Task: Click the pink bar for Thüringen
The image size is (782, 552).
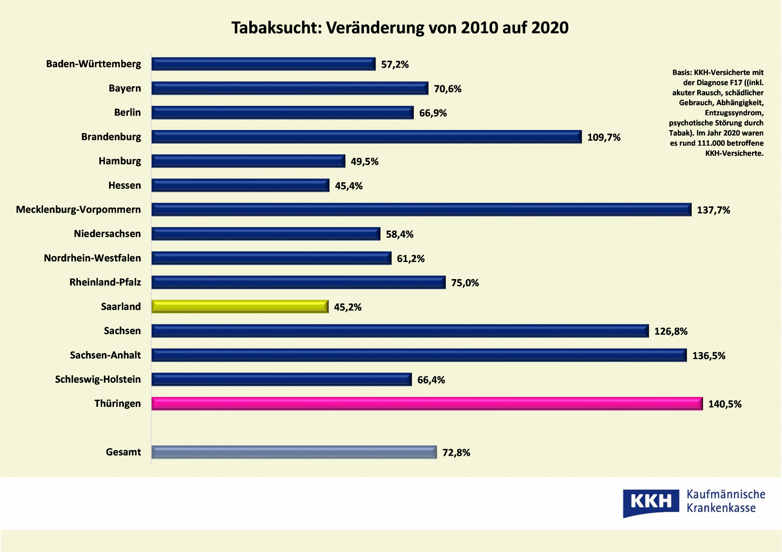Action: coord(427,404)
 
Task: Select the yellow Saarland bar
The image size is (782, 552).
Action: coord(240,306)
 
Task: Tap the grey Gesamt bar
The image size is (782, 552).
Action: coord(294,452)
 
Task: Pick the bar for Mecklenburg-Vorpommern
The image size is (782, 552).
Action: coord(421,209)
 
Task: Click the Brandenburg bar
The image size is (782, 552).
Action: coord(366,137)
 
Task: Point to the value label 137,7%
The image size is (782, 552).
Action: coord(713,210)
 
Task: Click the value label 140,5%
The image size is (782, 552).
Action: coord(725,404)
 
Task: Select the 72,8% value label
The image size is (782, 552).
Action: coord(456,452)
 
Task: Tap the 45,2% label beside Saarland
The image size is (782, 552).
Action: coord(347,307)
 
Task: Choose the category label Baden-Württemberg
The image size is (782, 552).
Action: coord(93,64)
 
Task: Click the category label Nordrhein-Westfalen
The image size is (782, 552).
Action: coord(92,258)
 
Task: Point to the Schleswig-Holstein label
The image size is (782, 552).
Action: coord(98,379)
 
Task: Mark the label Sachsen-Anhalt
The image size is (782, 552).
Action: coord(105,355)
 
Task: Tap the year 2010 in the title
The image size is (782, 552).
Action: coord(479,28)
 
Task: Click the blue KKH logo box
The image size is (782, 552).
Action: coord(650,502)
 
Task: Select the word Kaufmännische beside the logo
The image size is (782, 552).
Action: coord(726,494)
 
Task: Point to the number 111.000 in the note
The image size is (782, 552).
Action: coord(711,143)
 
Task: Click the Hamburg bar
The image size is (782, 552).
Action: coord(248,161)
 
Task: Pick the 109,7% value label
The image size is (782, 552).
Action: coord(604,137)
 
